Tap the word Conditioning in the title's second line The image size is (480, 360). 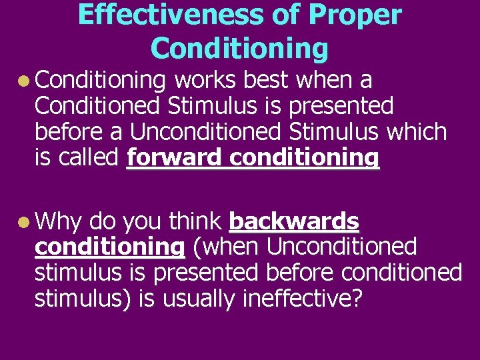240,48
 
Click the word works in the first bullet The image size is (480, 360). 205,80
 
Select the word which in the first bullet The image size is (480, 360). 419,132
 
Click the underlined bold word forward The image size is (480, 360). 171,158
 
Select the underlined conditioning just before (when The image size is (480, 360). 109,247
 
